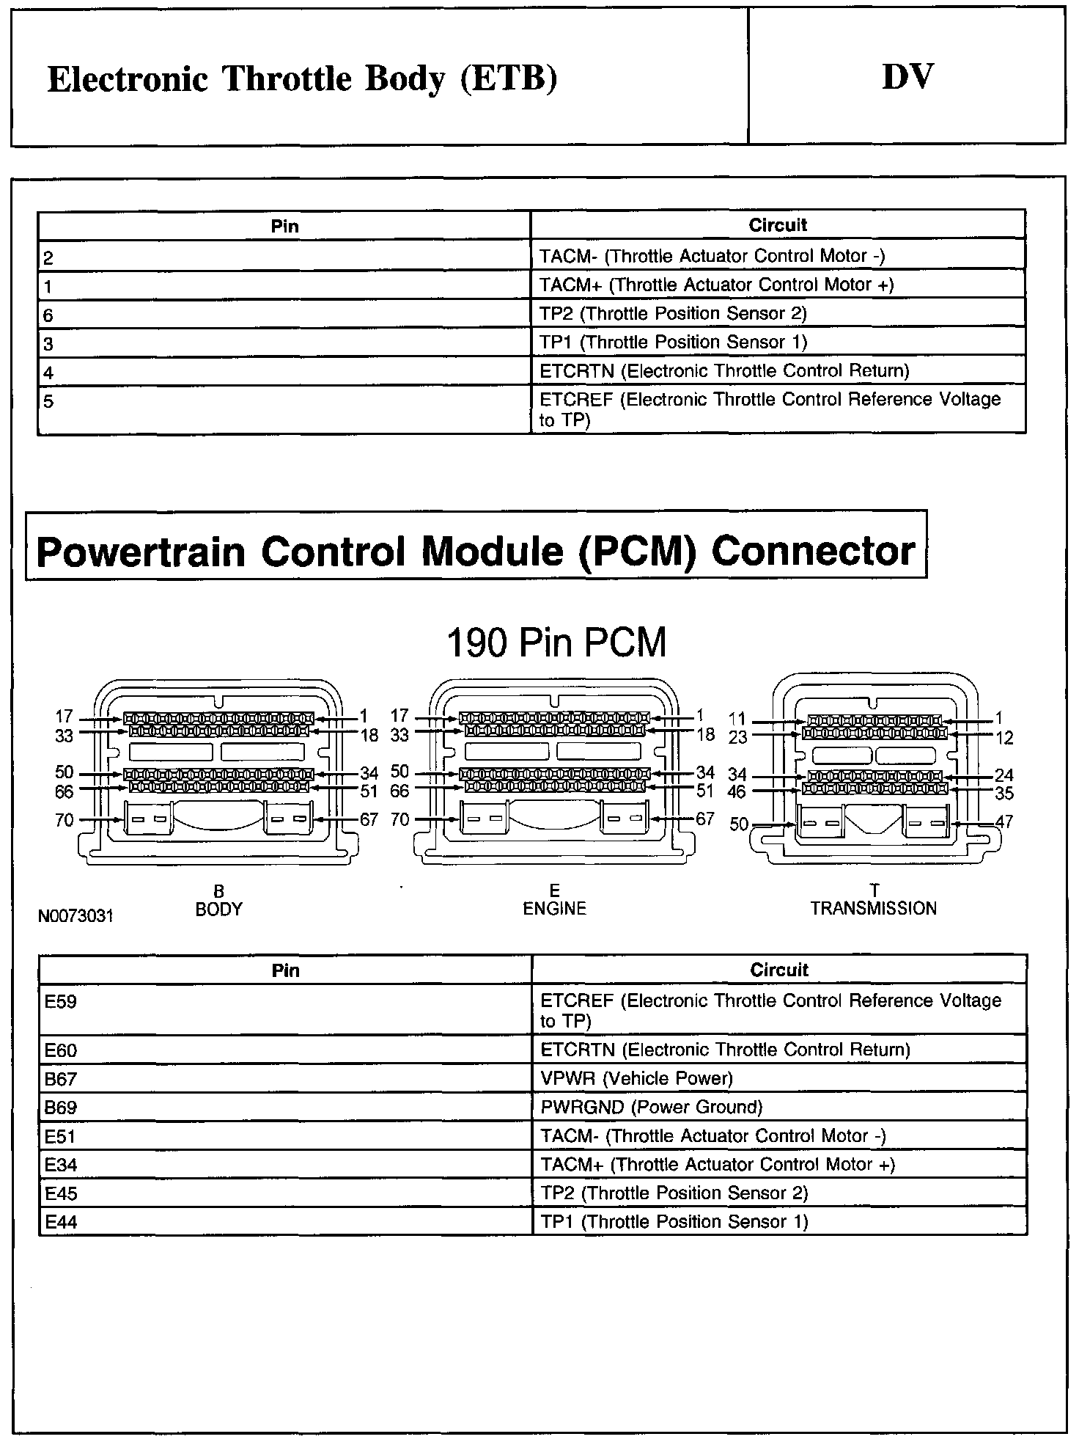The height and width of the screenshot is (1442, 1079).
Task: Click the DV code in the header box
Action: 907,77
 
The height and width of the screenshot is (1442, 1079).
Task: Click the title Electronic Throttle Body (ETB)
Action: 302,78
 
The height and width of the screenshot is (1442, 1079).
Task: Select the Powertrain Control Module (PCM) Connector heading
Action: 476,552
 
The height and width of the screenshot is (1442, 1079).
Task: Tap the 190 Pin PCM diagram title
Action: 556,643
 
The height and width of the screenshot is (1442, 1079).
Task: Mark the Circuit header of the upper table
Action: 778,225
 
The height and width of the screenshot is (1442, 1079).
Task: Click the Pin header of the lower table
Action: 285,970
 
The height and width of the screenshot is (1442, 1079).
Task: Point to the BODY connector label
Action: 218,909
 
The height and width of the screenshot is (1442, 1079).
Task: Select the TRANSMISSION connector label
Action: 873,908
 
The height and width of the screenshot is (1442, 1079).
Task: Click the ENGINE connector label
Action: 554,909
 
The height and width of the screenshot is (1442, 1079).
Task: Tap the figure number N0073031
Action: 76,917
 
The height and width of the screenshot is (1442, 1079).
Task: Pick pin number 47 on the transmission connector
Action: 1003,821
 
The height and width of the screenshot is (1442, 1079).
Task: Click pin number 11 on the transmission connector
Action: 737,720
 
